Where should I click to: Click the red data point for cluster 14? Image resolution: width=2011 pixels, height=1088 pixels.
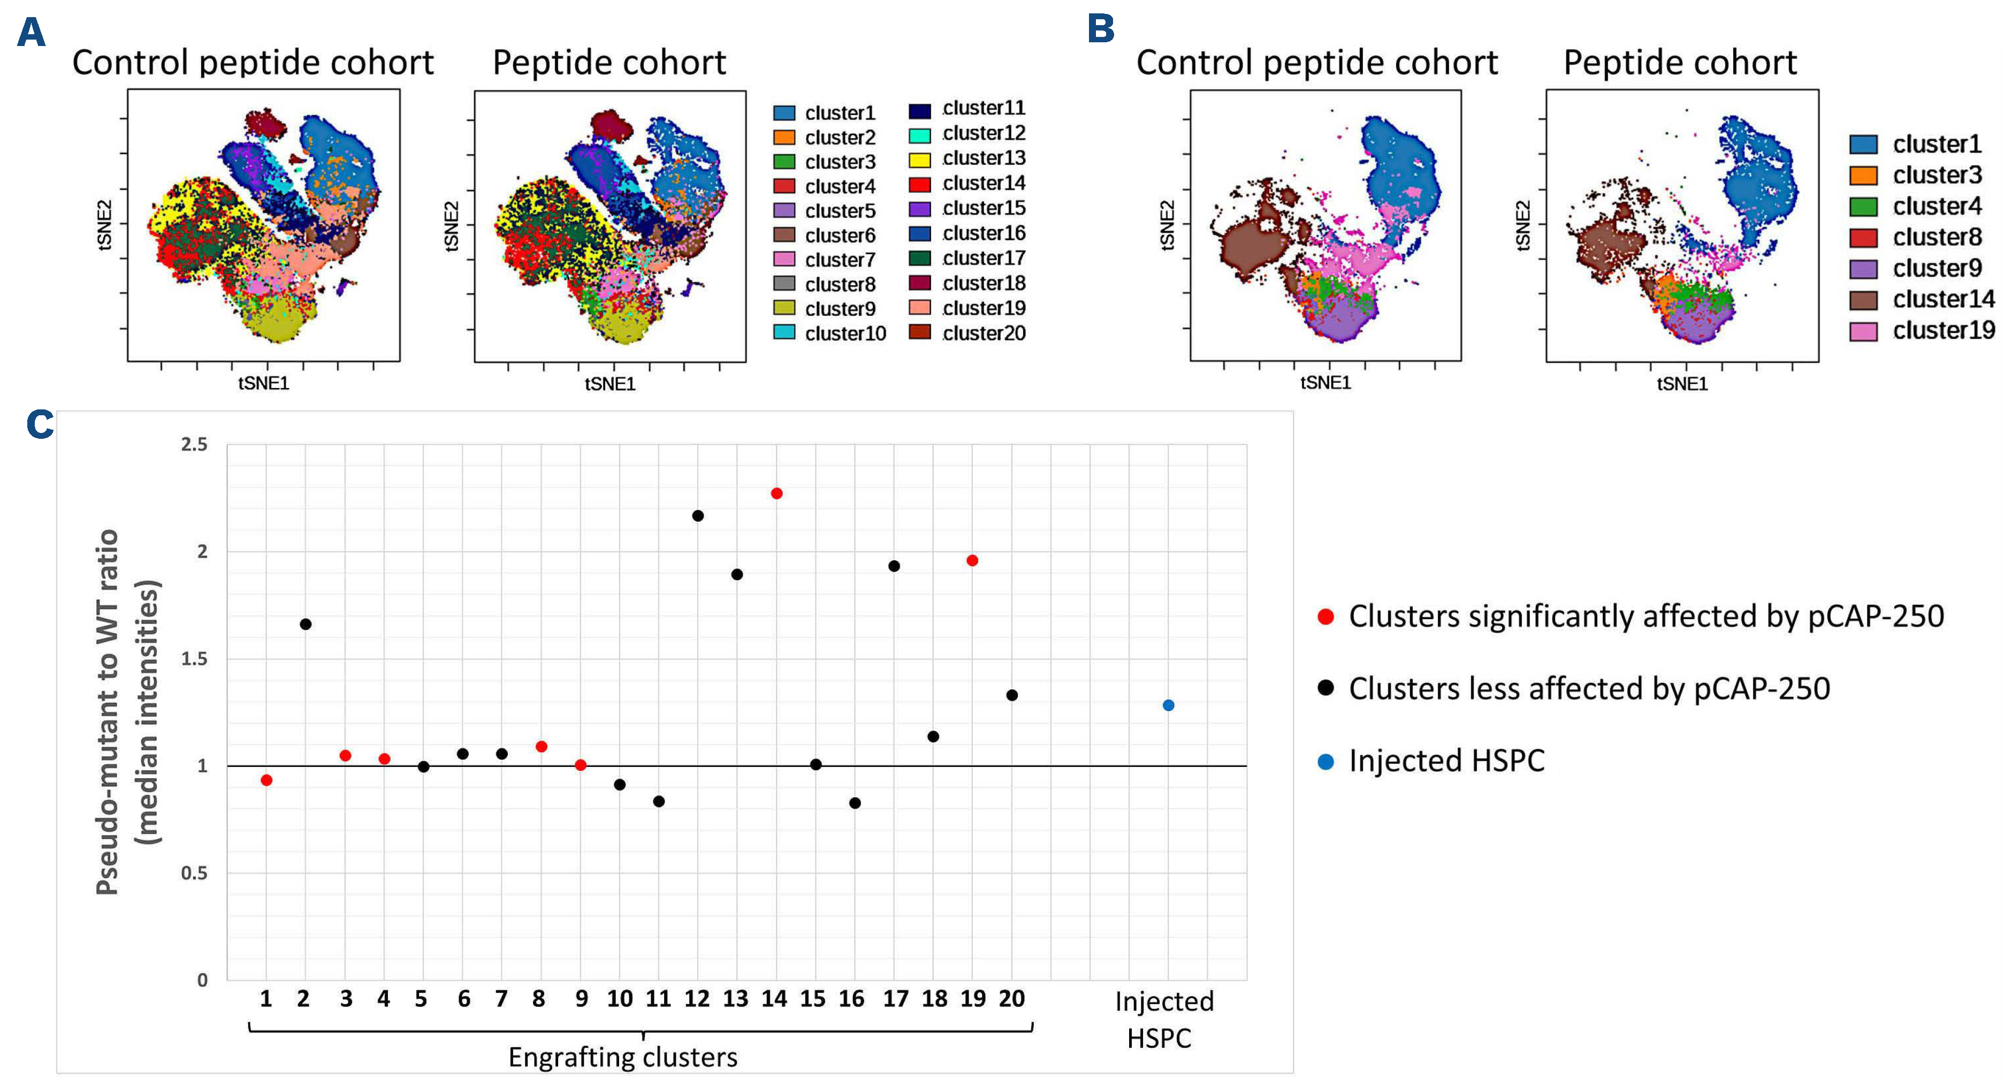tap(776, 493)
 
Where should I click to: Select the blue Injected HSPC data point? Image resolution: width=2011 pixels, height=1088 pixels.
tap(1168, 705)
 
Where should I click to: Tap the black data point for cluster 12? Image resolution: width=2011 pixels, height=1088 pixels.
tap(698, 516)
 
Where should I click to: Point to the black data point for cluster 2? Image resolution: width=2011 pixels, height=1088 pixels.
tap(305, 625)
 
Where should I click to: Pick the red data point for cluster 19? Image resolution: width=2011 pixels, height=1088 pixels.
tap(972, 560)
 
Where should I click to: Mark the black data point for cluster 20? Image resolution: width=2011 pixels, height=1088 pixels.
tap(1012, 695)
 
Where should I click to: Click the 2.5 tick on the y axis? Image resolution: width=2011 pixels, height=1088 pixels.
tap(194, 445)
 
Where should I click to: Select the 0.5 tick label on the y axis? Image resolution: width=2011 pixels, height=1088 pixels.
tap(194, 872)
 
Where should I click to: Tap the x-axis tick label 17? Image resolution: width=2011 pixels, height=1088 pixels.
tap(895, 999)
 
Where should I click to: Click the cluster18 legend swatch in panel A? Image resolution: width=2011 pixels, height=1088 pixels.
tap(920, 283)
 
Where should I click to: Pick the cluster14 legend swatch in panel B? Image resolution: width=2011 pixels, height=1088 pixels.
tap(1863, 300)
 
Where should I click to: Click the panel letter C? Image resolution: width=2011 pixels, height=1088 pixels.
tap(40, 425)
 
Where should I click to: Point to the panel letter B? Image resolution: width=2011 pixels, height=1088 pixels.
tap(1101, 29)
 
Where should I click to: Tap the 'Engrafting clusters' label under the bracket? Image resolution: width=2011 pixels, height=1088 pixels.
tap(623, 1057)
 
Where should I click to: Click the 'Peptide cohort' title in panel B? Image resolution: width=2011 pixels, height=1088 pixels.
tap(1680, 63)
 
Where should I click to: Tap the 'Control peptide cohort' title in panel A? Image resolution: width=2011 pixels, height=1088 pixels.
tap(253, 63)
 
